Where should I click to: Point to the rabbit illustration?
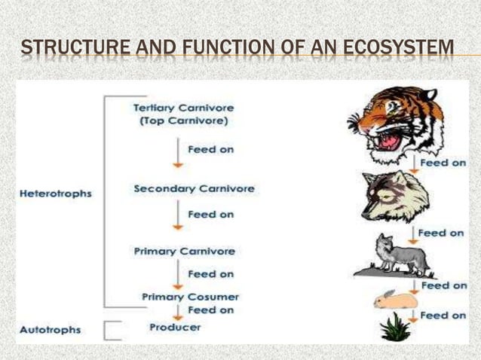tap(396, 299)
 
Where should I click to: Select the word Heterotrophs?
tap(56, 194)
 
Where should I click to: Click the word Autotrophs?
tap(51, 330)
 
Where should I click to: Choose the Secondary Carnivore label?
tap(194, 188)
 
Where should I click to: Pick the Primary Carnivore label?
tap(185, 251)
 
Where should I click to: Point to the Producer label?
tap(175, 327)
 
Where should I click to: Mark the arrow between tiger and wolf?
tap(415, 161)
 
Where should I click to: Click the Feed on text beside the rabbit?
tap(443, 286)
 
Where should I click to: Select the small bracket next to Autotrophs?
tap(114, 330)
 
